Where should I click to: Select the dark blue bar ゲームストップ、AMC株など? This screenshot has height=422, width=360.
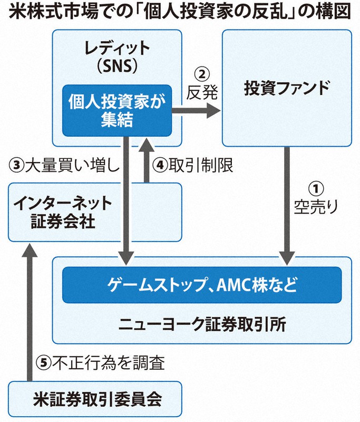[x=202, y=285]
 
